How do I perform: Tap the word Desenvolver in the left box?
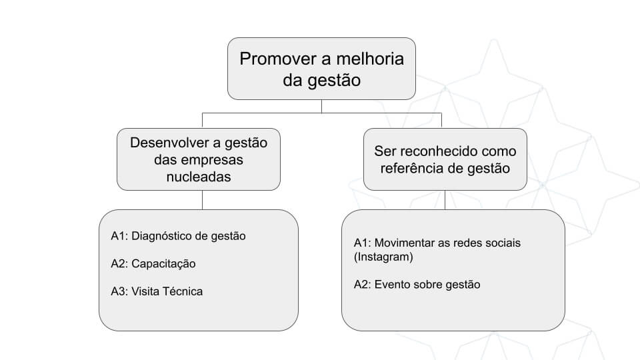(x=169, y=143)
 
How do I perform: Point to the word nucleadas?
(x=199, y=177)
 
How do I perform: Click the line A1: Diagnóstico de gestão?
(x=178, y=236)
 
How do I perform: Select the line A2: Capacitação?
(x=153, y=264)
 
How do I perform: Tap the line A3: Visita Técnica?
(x=157, y=291)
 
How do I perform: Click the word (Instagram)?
(x=383, y=257)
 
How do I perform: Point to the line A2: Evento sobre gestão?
(x=417, y=285)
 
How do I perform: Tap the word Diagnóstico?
(x=161, y=236)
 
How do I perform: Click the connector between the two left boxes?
(x=203, y=200)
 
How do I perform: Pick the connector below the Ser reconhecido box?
(x=445, y=200)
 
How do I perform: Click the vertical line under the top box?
(x=321, y=106)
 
